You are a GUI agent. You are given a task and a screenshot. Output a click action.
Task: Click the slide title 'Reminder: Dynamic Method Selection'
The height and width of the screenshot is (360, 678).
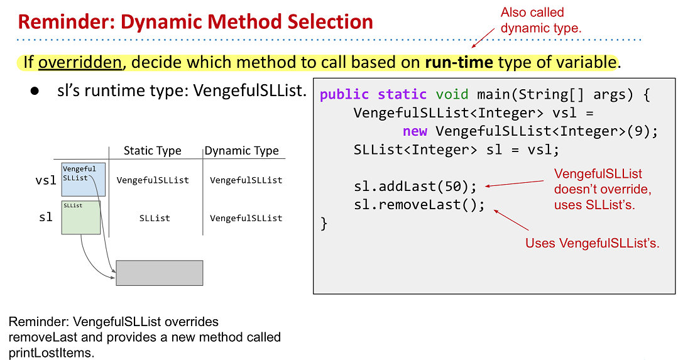pos(195,21)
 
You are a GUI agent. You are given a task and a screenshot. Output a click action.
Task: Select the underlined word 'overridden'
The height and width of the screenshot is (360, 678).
pos(80,62)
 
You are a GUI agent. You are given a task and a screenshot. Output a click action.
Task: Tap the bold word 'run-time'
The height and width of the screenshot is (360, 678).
pos(459,62)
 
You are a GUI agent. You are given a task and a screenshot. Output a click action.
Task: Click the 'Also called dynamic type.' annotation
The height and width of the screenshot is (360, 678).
pos(541,20)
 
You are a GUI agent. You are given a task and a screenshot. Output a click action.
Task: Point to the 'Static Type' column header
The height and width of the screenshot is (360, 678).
pos(152,150)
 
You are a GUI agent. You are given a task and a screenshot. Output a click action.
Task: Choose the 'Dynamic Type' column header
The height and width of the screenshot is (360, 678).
pos(242,150)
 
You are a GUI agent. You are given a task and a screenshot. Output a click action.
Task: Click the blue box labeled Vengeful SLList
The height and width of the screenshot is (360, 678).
pos(84,180)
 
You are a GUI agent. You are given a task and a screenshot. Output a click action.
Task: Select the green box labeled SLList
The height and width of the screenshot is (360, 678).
pos(81,217)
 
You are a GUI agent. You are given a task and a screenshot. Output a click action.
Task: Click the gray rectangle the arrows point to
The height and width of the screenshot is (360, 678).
pos(159,273)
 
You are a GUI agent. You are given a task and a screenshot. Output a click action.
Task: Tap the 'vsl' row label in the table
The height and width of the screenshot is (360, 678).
pos(46,180)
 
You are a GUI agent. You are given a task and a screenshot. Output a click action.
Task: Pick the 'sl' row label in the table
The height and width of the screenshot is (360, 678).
pos(46,217)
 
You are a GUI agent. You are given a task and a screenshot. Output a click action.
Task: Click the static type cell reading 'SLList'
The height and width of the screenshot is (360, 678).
pos(155,218)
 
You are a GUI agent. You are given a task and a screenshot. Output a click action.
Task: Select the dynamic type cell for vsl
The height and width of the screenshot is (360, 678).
pos(246,180)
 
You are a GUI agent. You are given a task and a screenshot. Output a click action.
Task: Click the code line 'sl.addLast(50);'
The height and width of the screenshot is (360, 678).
pos(415,186)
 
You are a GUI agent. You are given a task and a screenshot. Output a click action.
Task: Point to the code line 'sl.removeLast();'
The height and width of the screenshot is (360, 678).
pos(419,204)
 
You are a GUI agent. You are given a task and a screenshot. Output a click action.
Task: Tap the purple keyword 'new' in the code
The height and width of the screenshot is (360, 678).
pos(415,131)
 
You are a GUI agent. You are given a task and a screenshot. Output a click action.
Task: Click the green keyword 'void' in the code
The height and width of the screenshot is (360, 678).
pos(452,94)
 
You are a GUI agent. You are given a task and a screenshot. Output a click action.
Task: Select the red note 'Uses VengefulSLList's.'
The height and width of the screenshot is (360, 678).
pos(593,243)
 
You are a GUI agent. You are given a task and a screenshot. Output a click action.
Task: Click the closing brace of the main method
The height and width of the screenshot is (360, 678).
pos(324,224)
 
